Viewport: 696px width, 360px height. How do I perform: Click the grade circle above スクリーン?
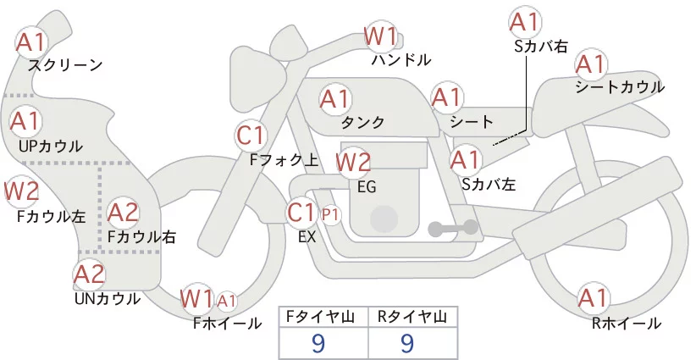[x=33, y=41]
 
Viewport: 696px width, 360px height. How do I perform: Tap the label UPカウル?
[x=50, y=146]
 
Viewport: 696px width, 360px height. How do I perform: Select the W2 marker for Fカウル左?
[x=20, y=191]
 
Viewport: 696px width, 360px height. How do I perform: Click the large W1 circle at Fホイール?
[x=196, y=298]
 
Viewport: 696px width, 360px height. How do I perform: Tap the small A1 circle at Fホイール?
[x=227, y=300]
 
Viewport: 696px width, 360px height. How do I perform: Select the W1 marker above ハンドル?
[x=380, y=36]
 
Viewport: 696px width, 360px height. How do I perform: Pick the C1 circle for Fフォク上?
[x=251, y=133]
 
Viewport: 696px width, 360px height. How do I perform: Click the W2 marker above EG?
[x=354, y=161]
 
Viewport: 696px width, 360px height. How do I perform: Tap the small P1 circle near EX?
[x=330, y=215]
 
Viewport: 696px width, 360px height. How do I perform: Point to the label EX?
[x=307, y=238]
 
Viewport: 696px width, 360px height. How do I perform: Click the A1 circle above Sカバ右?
[x=524, y=22]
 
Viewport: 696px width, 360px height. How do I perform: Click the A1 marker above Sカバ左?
[x=465, y=158]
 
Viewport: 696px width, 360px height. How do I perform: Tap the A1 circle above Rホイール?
[x=593, y=298]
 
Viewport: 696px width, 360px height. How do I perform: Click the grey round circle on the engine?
[x=385, y=219]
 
